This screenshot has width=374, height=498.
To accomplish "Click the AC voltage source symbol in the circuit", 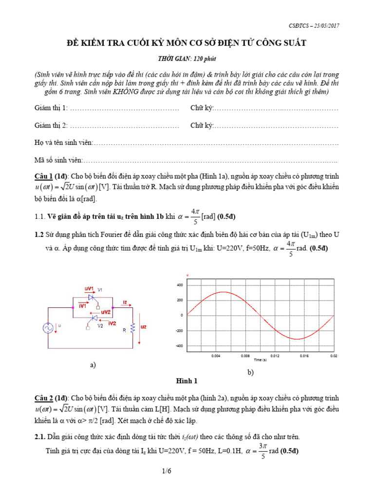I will coord(49,328).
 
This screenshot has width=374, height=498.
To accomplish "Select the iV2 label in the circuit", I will coord(112,323).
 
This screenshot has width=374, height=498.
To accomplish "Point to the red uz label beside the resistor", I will coord(144,327).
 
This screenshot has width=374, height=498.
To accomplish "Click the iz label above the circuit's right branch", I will coord(125,302).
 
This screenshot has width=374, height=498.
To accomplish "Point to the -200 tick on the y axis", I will coord(178,330).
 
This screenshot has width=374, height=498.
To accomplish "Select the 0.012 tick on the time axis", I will coord(275,356).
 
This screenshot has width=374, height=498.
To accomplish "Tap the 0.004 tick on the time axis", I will coord(216,356).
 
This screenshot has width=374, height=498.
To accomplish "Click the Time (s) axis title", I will coord(260,360).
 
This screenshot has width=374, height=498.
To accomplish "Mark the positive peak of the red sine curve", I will coord(223,292).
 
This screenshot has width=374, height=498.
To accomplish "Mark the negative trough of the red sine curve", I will coord(298,339).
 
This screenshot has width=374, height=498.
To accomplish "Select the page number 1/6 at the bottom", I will coord(187,485).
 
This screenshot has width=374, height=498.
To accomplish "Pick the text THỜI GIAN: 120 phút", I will coord(187,59).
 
